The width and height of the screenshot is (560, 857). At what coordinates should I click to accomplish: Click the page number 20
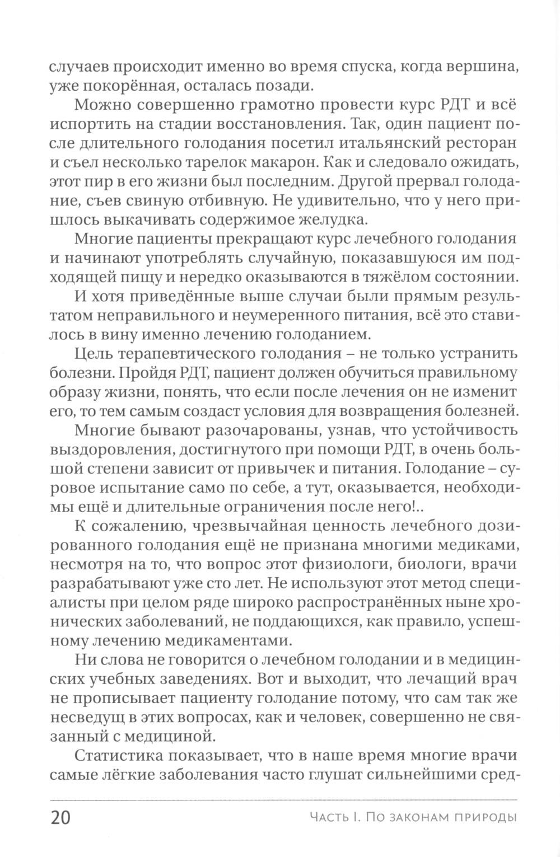tap(60, 818)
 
